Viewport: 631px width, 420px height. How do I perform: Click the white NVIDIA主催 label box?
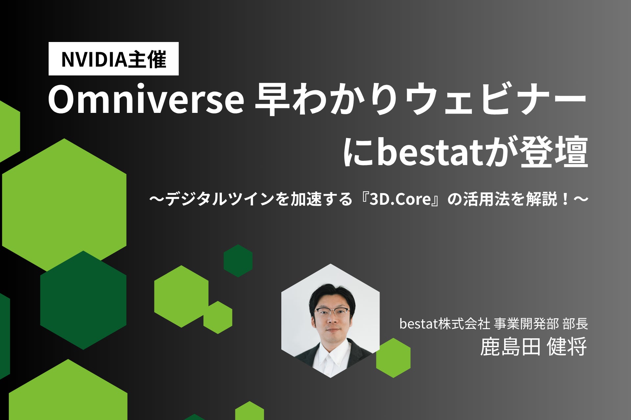[x=113, y=59]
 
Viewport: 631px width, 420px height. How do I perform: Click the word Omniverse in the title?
[x=146, y=100]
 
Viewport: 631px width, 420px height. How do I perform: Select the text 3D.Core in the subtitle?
[x=400, y=199]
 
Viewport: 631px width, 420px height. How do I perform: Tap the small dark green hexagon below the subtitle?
[x=238, y=261]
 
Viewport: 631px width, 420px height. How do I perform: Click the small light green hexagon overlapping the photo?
[x=393, y=358]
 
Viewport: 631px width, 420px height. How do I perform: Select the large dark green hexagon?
[x=83, y=300]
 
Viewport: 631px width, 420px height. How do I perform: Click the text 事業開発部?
[x=526, y=324]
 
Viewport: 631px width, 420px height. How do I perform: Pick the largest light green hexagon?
[x=64, y=205]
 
